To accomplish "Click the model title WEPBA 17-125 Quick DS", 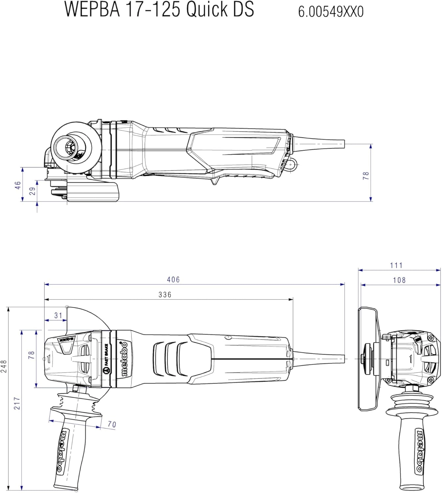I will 159,9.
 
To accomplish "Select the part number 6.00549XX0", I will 331,12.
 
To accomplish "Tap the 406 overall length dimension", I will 173,279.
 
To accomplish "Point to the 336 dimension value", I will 165,294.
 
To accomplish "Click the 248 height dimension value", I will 4,366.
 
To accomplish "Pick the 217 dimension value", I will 17,403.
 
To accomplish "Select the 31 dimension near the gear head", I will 58,316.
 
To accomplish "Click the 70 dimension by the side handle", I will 112,424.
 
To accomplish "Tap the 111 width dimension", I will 396,265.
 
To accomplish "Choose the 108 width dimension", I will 399,280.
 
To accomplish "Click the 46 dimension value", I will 18,185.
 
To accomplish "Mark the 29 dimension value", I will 32,191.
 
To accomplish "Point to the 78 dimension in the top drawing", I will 366,176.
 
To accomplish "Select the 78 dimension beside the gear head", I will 32,355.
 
